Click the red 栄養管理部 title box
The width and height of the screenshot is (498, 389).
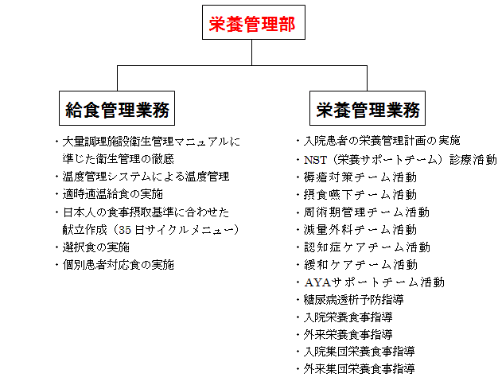[x=251, y=25]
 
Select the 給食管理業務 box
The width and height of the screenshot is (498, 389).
[x=117, y=108]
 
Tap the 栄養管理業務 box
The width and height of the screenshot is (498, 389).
[x=368, y=108]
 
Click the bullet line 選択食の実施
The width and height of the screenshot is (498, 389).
[x=96, y=247]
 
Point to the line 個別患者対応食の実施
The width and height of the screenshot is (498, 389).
[x=119, y=264]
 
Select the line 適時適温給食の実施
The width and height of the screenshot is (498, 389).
[x=113, y=194]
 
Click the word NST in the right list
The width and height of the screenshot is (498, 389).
[x=314, y=159]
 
